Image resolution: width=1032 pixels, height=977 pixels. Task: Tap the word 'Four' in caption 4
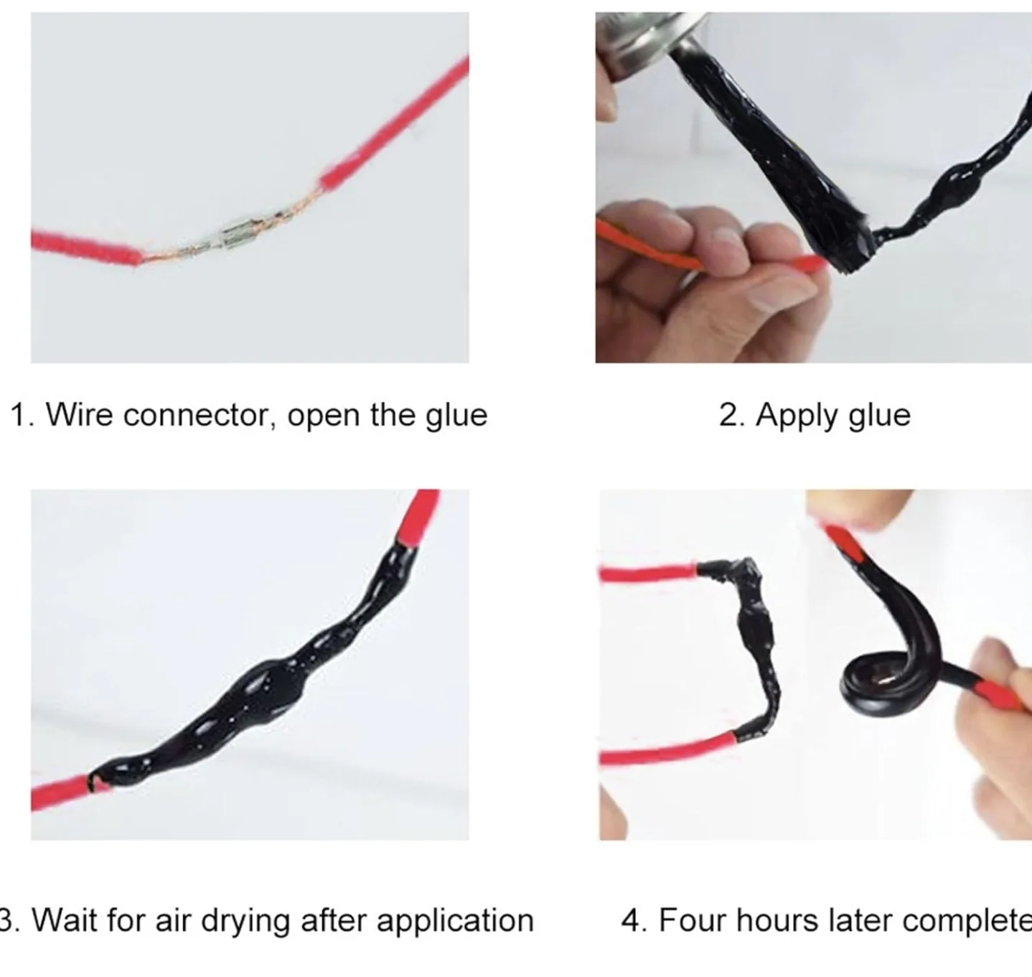692,920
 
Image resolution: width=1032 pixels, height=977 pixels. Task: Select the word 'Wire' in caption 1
79,415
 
